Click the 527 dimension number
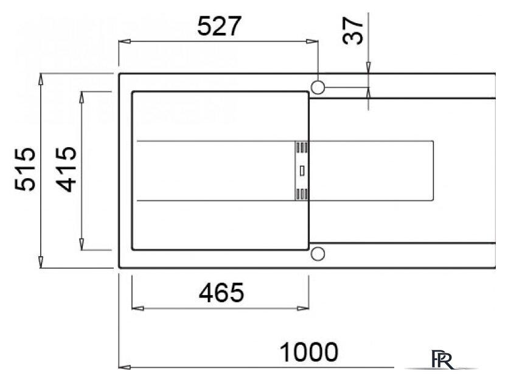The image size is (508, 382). (x=220, y=26)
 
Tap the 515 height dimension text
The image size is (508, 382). (x=25, y=169)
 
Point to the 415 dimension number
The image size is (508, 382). (x=66, y=170)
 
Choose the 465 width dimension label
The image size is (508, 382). (x=221, y=293)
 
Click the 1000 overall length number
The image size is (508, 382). (x=308, y=352)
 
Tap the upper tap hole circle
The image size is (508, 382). (x=318, y=87)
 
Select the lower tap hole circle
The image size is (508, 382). (x=318, y=254)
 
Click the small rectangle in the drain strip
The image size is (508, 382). (x=302, y=171)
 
